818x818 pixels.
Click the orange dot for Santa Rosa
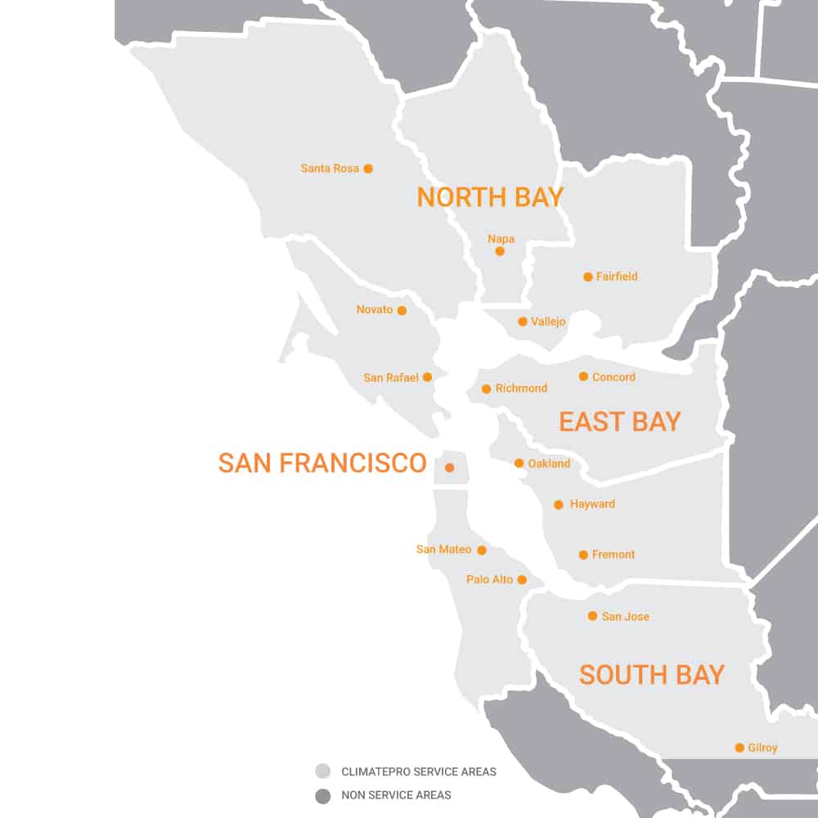pos(368,169)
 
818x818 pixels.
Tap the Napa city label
pos(501,239)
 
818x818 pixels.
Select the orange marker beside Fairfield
pos(587,276)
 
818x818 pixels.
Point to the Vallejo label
pos(548,321)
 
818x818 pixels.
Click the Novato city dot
pos(402,311)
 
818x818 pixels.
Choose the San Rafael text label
pos(391,378)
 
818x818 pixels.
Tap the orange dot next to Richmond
pos(486,389)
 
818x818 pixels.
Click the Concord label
pos(613,377)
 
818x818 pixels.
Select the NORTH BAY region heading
pos(490,197)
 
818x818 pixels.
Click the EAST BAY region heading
pos(619,421)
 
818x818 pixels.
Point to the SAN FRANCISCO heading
pos(322,463)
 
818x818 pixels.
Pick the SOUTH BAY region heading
pos(651,675)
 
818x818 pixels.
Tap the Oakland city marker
pos(519,463)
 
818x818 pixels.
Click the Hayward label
pos(592,504)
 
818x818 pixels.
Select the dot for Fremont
pos(583,555)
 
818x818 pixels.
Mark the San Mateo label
pos(443,550)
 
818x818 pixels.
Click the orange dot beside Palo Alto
pos(522,580)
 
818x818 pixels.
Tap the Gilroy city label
pos(762,748)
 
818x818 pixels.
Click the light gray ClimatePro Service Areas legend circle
pos(323,771)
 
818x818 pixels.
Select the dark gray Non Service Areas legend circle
pos(323,795)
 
